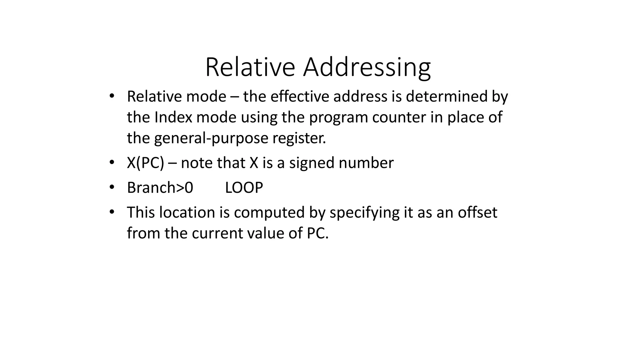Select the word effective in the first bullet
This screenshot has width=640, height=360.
point(300,96)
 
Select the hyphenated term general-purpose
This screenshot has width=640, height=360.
point(211,138)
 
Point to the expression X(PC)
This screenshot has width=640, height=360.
point(145,163)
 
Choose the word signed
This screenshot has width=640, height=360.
point(312,163)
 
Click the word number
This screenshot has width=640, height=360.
point(366,163)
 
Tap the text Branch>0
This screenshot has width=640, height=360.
point(160,188)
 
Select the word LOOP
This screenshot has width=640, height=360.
point(244,188)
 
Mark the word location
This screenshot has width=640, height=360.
point(187,212)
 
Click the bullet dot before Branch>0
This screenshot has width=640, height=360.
point(112,187)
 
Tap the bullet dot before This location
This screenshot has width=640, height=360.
point(112,212)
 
